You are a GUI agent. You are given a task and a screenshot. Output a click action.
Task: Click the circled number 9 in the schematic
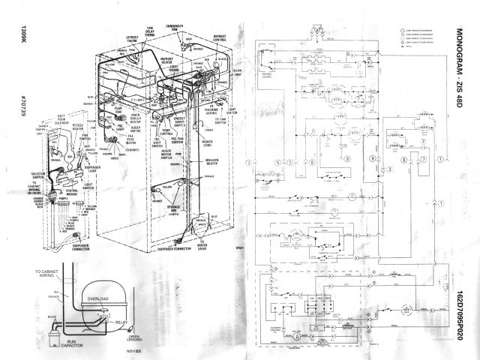tap(347, 159)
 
